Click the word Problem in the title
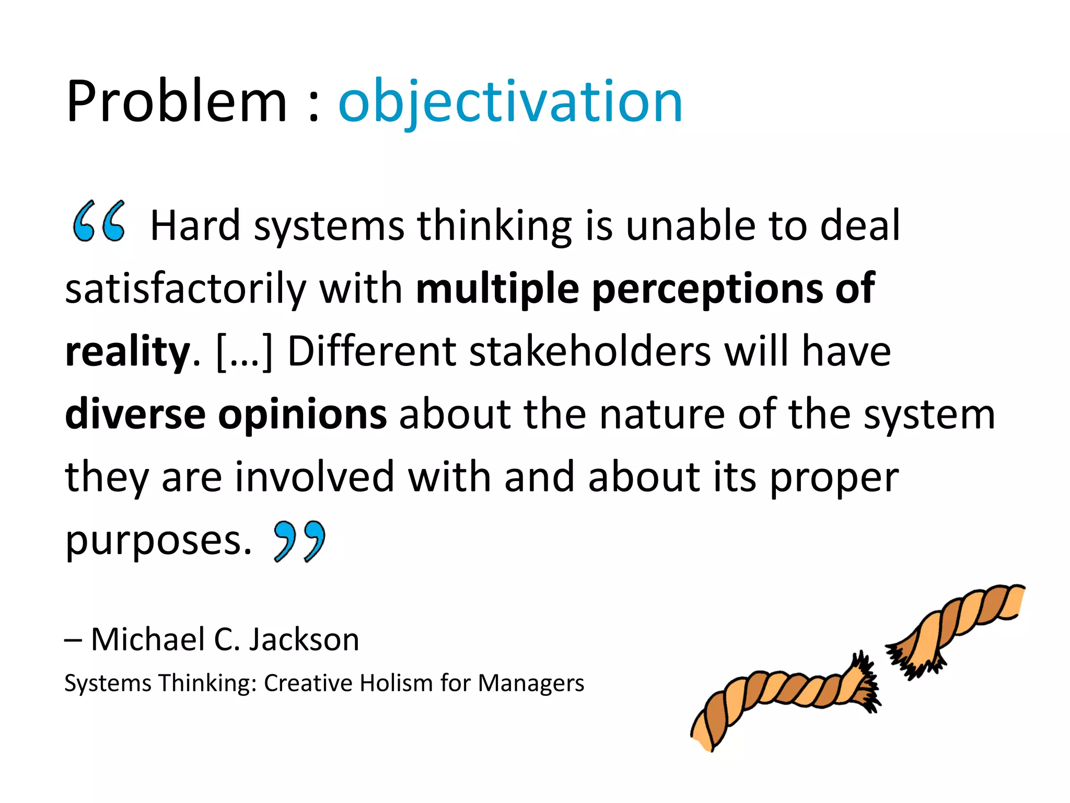[x=177, y=101]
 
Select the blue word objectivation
[x=510, y=101]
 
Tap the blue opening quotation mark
[x=99, y=222]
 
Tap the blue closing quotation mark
[x=299, y=541]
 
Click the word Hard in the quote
[x=195, y=226]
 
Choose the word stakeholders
[x=590, y=351]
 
